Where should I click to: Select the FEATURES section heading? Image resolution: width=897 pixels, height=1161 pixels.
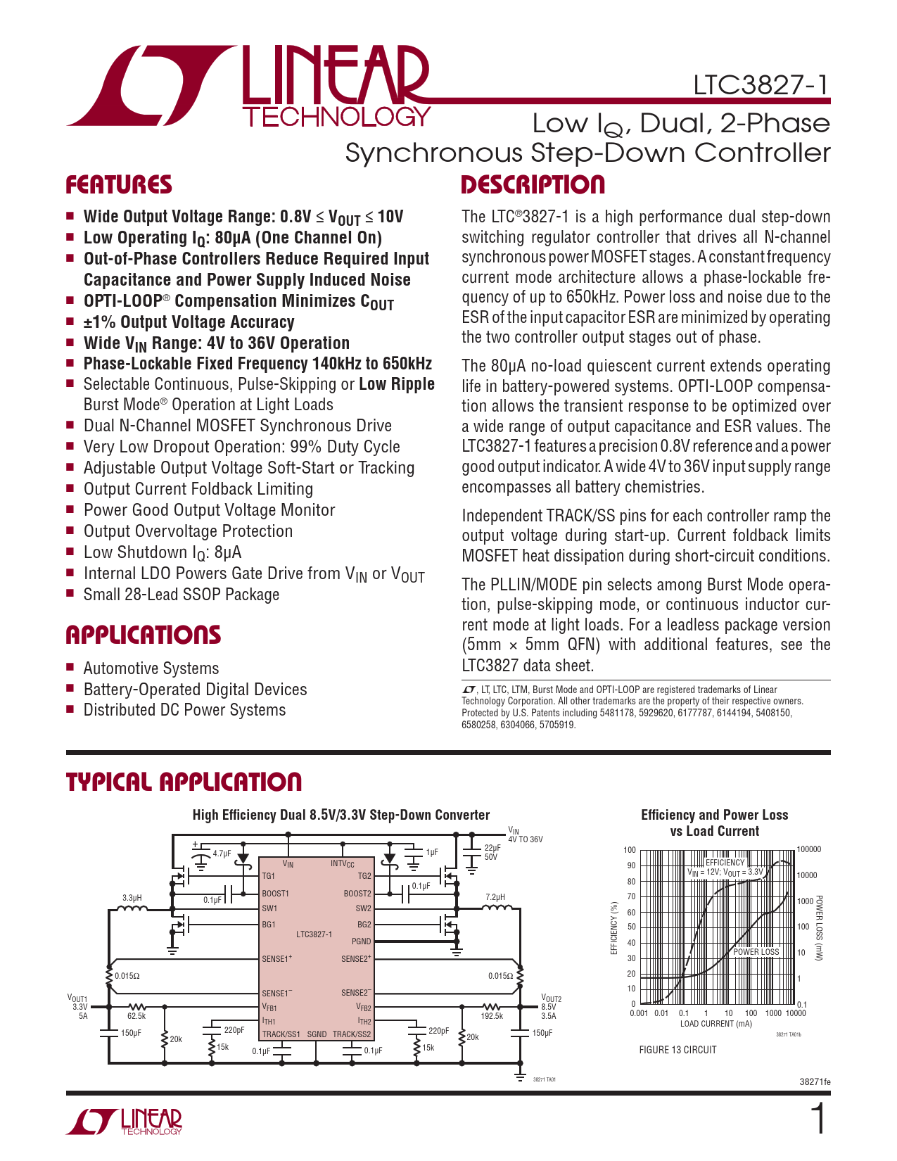[119, 185]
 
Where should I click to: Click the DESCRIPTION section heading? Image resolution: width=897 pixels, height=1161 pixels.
[533, 185]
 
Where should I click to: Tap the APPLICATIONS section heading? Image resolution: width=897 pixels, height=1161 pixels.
[144, 635]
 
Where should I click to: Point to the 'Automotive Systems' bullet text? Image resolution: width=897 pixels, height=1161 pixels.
[151, 668]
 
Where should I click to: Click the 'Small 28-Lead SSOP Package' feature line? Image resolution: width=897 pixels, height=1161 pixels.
[181, 595]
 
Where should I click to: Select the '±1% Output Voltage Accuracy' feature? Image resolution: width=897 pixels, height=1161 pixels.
[189, 322]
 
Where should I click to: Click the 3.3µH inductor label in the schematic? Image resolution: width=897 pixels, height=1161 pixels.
[132, 898]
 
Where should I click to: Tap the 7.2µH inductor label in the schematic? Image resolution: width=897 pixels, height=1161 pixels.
[495, 898]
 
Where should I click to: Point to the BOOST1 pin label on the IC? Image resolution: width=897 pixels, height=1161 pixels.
[275, 894]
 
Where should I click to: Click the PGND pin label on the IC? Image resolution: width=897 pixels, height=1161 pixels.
[361, 941]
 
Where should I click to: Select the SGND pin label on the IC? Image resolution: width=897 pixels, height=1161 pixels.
[317, 1034]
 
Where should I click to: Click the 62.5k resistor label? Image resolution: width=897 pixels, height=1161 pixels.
[136, 1015]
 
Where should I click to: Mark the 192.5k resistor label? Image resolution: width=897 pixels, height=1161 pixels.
[492, 1015]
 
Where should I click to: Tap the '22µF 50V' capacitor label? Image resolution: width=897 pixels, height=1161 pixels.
[492, 852]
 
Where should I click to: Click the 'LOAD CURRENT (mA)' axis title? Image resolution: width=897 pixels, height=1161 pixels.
[716, 1024]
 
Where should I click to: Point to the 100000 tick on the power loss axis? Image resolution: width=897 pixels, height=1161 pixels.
[809, 849]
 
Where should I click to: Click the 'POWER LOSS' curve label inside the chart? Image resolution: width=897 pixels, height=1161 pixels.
[756, 952]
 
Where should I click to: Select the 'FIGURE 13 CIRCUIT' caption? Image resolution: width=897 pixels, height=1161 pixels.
[677, 1050]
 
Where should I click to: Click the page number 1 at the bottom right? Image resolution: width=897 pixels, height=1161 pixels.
[818, 1119]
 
